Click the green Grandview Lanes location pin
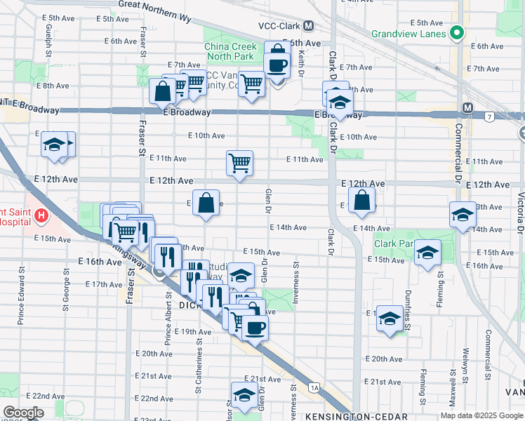coord(457,32)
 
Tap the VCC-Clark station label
coord(279,26)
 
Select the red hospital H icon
coord(42,215)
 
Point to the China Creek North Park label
coord(234,52)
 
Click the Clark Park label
coord(392,244)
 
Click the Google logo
coord(24,412)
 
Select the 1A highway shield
coord(314,387)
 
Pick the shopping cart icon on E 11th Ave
coord(239,163)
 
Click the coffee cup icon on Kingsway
coord(255,326)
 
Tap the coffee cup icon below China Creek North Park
coord(277,65)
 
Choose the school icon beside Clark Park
coord(427,253)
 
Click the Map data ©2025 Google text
coord(481,416)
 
